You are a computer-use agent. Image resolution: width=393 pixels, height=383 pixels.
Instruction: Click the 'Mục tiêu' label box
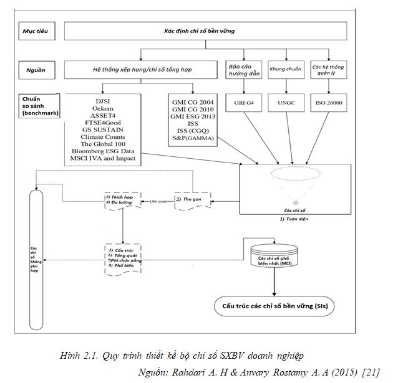pyautogui.click(x=36, y=30)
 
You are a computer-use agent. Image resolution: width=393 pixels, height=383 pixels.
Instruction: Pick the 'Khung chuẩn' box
pyautogui.click(x=283, y=70)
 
